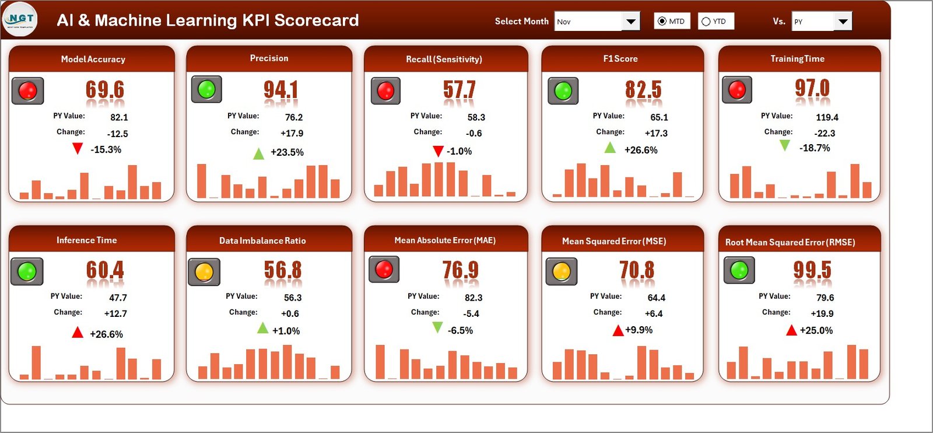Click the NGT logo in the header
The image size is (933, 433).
20,19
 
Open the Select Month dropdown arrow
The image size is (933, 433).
630,22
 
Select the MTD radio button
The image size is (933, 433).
662,22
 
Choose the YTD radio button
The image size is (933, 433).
706,22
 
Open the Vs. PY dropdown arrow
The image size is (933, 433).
843,22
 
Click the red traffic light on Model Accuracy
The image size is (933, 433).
27,90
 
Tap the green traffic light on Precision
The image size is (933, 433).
206,89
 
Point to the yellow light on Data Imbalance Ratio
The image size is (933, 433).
204,272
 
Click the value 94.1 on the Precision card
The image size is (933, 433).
280,89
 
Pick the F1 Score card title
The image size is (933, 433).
620,59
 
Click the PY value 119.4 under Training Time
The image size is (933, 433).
827,117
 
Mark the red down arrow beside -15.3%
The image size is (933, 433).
78,149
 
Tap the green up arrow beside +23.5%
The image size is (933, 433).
258,153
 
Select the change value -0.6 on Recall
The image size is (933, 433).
473,134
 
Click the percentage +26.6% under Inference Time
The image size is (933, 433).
106,334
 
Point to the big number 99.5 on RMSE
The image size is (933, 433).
812,270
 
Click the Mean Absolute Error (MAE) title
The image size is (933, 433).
445,240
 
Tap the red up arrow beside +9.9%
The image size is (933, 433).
618,331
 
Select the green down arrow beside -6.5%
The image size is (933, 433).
437,328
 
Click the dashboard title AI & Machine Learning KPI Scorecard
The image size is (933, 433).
208,20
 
